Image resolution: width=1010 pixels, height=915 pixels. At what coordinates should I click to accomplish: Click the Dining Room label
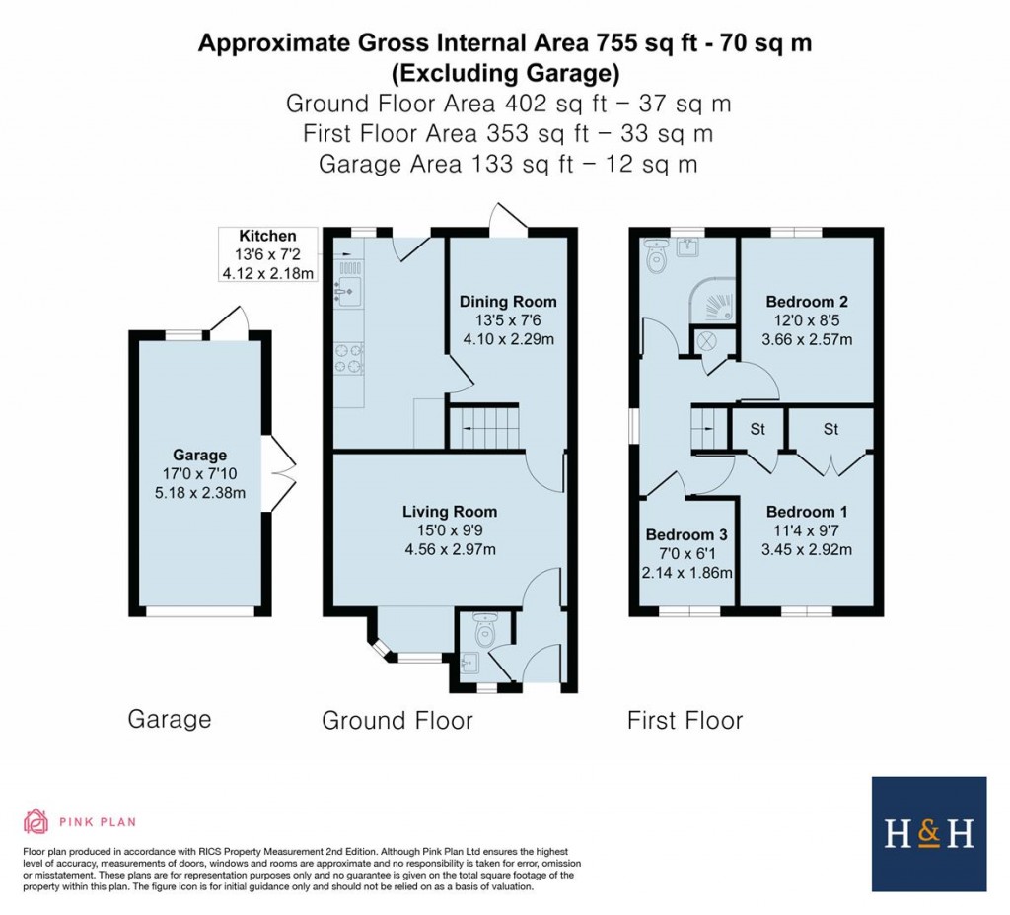point(508,302)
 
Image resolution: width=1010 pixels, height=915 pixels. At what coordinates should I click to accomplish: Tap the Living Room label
point(449,512)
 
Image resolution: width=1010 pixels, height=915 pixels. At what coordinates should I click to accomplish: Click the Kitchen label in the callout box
point(267,236)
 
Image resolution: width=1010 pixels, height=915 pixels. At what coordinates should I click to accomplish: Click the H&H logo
point(928,834)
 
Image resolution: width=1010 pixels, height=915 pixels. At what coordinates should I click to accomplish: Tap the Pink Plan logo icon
point(36,821)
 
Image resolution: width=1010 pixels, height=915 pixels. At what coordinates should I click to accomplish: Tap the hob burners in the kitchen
point(348,358)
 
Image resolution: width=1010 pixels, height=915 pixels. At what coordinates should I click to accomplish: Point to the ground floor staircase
point(485,431)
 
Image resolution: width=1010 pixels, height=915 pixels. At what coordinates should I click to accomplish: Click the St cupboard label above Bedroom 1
point(830,429)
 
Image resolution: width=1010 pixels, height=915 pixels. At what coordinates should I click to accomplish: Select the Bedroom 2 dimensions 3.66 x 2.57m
point(808,339)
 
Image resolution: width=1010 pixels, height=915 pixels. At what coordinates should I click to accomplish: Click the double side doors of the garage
point(282,475)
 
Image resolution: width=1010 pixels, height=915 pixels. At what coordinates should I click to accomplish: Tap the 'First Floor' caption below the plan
point(685,721)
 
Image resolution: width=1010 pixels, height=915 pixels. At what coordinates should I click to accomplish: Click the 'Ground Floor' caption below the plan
point(397,721)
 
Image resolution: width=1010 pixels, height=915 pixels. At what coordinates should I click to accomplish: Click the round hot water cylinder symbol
point(707,341)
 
